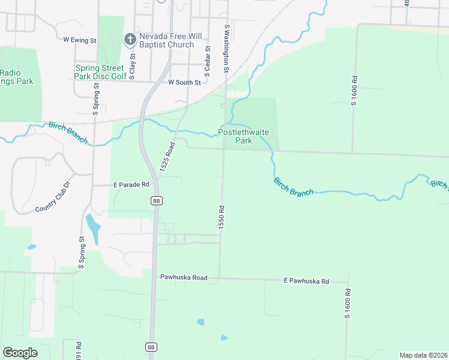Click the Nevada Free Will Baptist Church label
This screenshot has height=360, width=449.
(166, 40)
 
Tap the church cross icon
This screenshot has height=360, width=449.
(129, 40)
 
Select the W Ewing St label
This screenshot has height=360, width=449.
(80, 40)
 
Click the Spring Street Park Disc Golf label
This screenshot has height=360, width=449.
(101, 72)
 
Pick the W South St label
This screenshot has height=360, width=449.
(184, 82)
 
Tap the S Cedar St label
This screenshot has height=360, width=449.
(207, 62)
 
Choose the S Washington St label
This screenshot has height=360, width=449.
(227, 49)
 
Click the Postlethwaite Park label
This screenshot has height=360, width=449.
(243, 136)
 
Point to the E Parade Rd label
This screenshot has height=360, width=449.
(131, 185)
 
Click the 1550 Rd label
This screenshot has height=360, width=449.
(221, 217)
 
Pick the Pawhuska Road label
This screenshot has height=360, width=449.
(183, 278)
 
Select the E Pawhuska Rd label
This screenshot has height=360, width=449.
(306, 281)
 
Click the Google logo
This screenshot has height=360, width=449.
(20, 352)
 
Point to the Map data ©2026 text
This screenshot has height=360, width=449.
(423, 355)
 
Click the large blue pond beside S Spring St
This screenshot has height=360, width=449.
(92, 226)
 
